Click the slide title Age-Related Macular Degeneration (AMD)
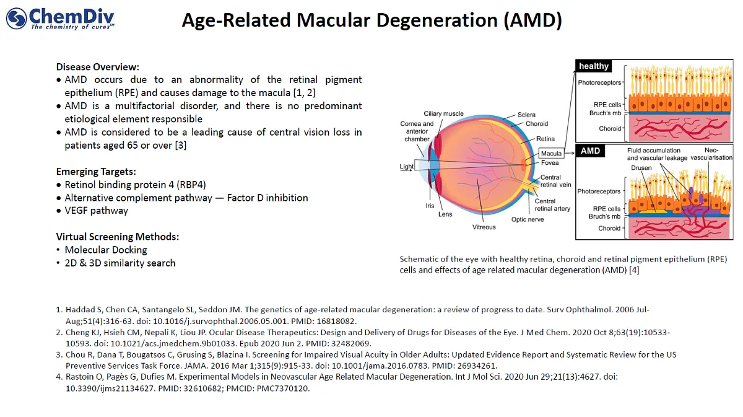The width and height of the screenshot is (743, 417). point(371,20)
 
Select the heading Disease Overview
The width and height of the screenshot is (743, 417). point(98,67)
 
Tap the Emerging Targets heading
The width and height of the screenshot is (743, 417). point(96,172)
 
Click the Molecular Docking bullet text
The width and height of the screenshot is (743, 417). point(106,250)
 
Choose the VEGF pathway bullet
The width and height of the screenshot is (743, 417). point(97,211)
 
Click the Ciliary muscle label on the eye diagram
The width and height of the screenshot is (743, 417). point(443,114)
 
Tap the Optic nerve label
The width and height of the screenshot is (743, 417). point(527,219)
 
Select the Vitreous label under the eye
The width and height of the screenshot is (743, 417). point(484,227)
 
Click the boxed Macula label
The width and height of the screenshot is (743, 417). point(551,153)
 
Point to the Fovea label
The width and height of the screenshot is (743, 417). point(550,163)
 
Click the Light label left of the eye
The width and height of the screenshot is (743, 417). point(407,167)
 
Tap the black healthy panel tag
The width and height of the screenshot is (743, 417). point(594,66)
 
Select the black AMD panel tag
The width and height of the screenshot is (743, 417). point(591,151)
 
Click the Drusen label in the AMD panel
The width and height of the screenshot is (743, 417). point(641,168)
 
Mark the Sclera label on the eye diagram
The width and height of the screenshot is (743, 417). point(527,115)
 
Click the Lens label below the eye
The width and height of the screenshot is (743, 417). point(445,214)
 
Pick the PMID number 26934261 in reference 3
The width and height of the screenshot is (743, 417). point(479,366)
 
